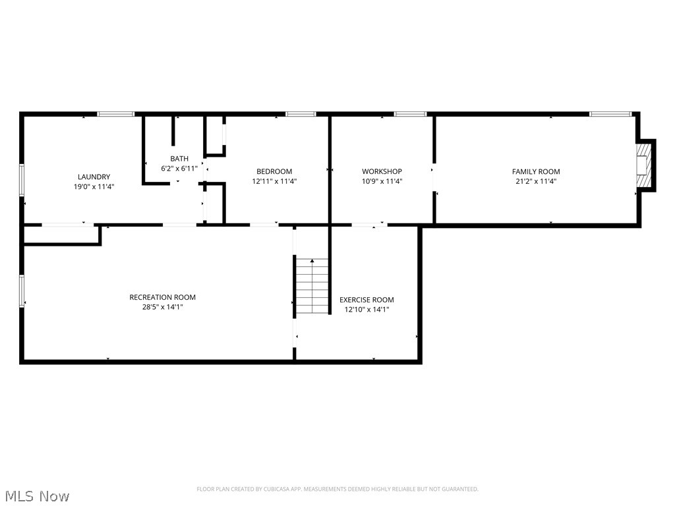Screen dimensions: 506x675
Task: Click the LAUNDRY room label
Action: pos(94,177)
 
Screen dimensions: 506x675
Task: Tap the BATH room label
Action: pos(179,159)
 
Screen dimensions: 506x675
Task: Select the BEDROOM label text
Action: pos(274,171)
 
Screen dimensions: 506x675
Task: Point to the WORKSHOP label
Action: pos(382,171)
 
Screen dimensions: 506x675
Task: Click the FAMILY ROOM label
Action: pos(536,171)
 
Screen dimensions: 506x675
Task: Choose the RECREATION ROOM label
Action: pos(162,297)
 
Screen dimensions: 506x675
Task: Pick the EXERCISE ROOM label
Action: pos(367,300)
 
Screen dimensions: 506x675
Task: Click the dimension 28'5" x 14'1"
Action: pos(162,306)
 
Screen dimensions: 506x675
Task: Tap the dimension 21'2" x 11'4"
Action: pos(536,181)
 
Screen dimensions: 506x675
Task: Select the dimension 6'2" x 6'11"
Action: pos(179,169)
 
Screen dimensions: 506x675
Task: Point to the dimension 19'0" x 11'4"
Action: pos(94,186)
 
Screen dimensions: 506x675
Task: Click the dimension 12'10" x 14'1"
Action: pos(367,309)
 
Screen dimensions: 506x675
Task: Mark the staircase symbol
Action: pos(312,287)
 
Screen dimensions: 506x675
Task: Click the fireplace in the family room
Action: pos(642,166)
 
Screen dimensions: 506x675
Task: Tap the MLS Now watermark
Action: pos(37,495)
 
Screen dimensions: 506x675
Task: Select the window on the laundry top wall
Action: pos(115,115)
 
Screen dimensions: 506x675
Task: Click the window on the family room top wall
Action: pos(610,115)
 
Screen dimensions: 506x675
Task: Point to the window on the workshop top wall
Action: pos(410,115)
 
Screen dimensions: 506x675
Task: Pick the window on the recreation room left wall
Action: pos(22,291)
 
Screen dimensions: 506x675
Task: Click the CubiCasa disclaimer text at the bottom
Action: pos(337,489)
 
